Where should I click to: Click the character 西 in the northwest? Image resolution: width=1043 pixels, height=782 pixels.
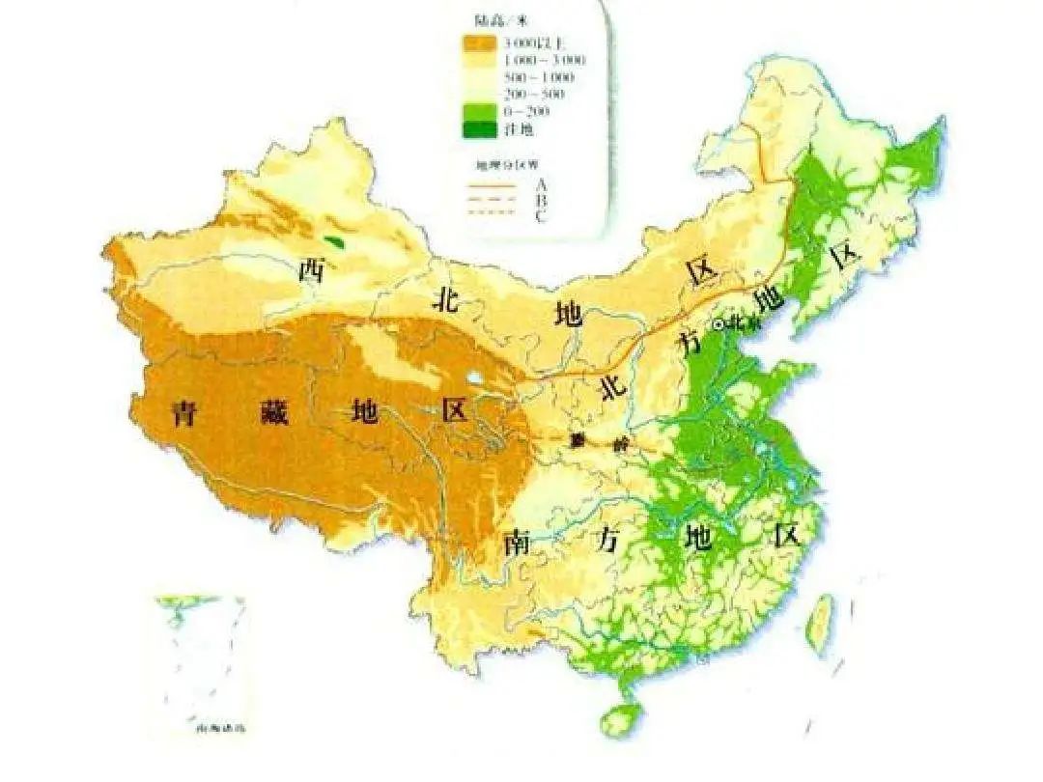pyautogui.click(x=310, y=270)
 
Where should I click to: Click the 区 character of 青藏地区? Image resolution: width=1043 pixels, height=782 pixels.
pyautogui.click(x=454, y=411)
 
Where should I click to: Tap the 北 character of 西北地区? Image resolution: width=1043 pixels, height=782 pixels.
pyautogui.click(x=447, y=298)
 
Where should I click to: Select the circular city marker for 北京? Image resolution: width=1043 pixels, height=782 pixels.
pyautogui.click(x=718, y=325)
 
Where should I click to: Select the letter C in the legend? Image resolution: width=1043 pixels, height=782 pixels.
pyautogui.click(x=541, y=216)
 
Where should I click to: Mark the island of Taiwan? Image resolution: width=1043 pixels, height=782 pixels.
pyautogui.click(x=824, y=618)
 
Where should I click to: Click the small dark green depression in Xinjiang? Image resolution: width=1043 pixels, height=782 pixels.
pyautogui.click(x=334, y=240)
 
